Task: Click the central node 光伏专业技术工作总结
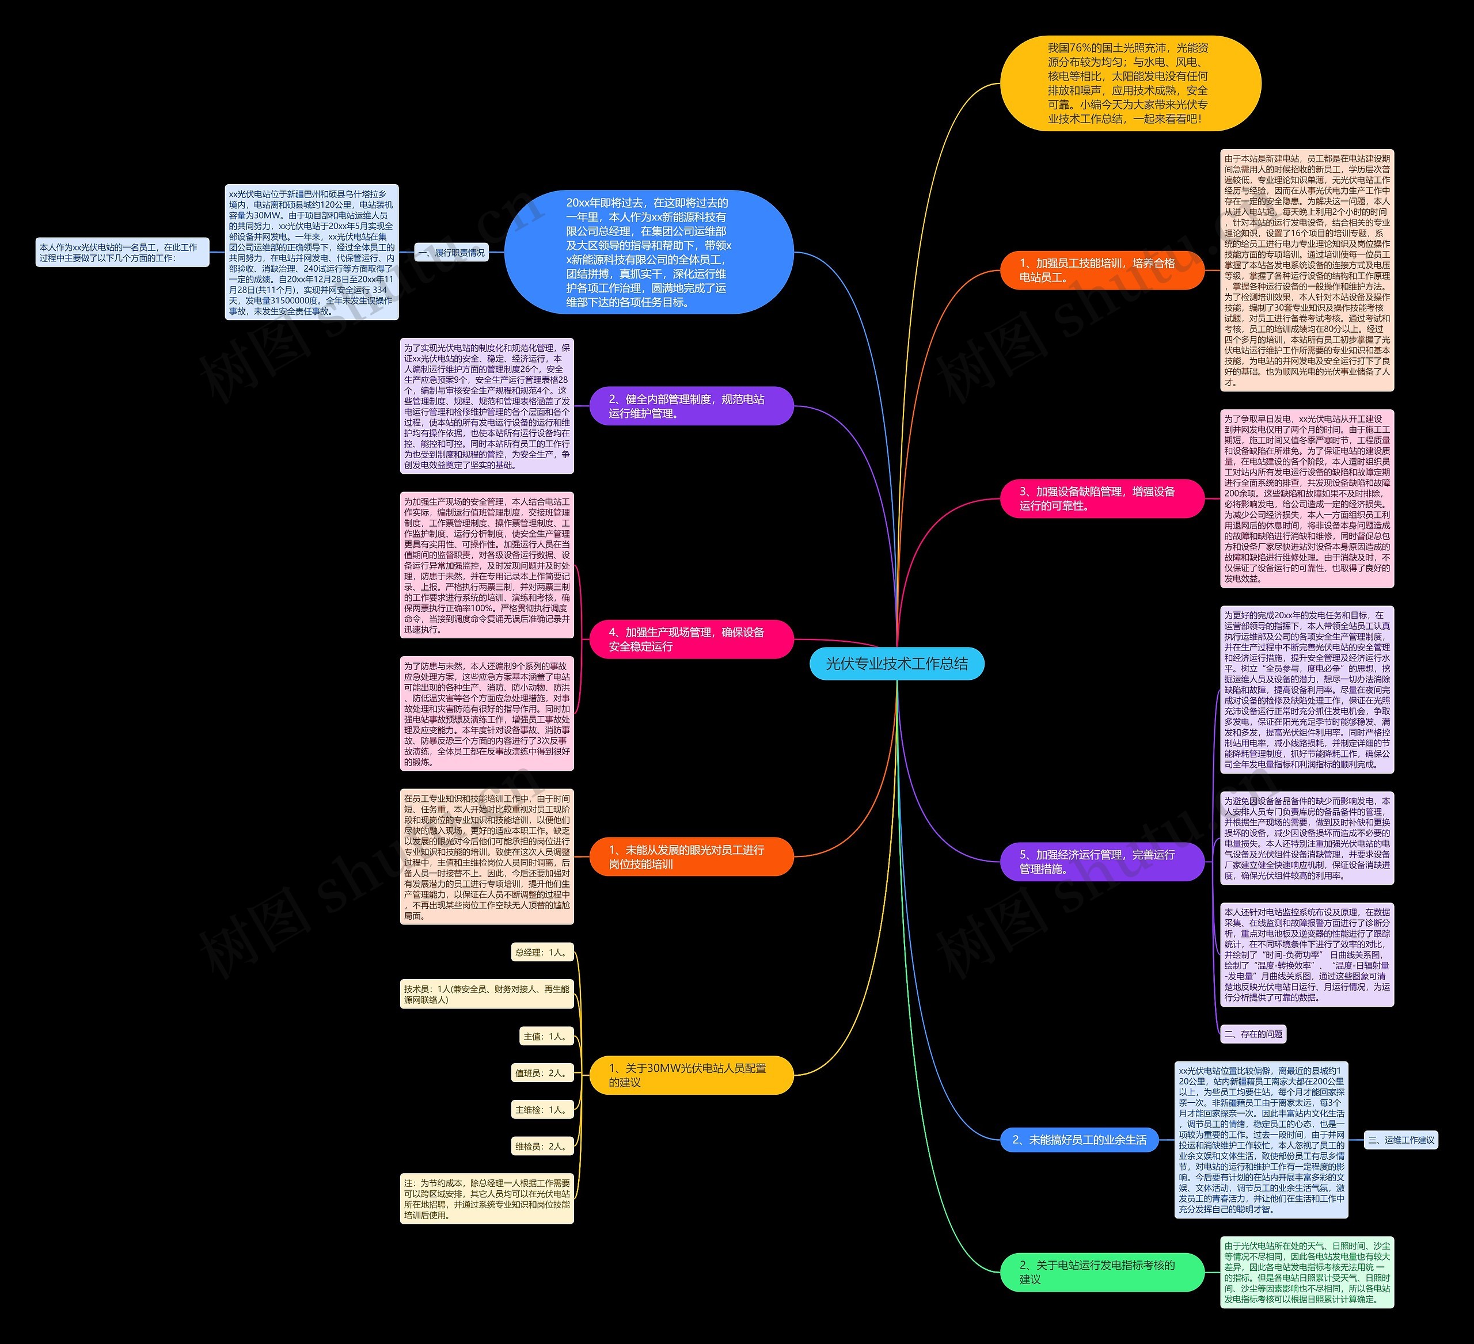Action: (896, 664)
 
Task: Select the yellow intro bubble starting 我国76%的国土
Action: (1130, 83)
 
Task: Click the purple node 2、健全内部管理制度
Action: (691, 406)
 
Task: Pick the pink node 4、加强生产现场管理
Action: (691, 639)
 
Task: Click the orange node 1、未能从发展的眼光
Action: (691, 856)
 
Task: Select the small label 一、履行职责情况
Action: (451, 253)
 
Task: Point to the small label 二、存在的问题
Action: (1253, 1033)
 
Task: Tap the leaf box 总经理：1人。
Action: (542, 952)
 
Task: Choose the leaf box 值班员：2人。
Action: (542, 1073)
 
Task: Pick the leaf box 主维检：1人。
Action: (542, 1109)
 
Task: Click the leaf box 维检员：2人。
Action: (542, 1146)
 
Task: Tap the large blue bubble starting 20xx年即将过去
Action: (648, 252)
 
